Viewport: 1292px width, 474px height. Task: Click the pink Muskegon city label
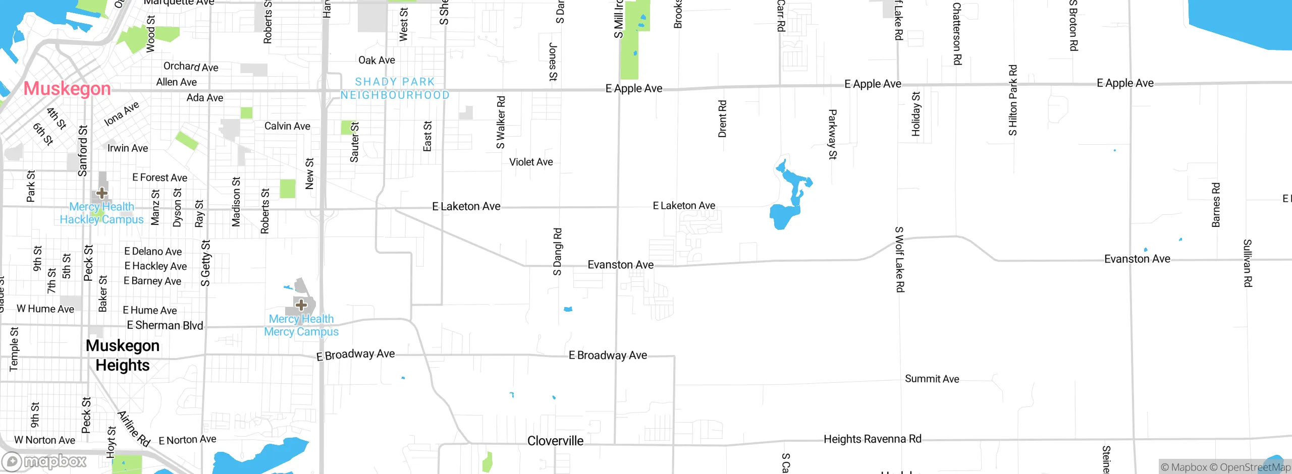coord(67,89)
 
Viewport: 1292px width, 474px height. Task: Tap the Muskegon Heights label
coord(123,355)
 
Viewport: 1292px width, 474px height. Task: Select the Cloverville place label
coord(555,441)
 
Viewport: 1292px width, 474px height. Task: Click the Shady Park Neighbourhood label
coord(395,88)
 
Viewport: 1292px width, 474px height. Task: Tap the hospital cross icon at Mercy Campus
coord(301,305)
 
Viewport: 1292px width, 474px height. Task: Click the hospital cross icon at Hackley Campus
coord(102,193)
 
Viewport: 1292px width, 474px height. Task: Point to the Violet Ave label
coord(531,162)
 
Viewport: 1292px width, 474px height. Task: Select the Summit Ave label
coord(932,379)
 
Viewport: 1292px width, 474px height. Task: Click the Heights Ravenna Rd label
coord(873,439)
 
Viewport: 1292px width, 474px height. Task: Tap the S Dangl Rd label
coord(557,252)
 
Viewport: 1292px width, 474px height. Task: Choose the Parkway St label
coord(832,134)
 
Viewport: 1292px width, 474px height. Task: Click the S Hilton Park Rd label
coord(1013,100)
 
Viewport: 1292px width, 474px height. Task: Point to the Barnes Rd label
coord(1216,205)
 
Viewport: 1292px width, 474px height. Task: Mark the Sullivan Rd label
coord(1248,263)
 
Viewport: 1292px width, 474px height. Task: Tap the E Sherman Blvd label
coord(165,325)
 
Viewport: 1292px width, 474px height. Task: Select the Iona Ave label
coord(121,114)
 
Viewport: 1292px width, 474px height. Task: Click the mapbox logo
coord(44,461)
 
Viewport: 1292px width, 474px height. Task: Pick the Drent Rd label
coord(722,119)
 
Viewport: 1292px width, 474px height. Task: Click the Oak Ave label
coord(376,60)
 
